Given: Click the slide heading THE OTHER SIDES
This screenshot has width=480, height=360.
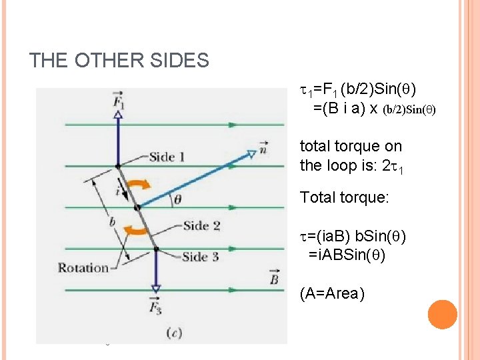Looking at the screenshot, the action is coord(119,61).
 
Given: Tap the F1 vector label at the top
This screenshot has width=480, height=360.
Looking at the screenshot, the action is coord(119,100).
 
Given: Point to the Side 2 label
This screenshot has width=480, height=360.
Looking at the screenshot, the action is coord(201,225).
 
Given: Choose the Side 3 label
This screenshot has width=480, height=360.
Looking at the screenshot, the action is coord(200,257).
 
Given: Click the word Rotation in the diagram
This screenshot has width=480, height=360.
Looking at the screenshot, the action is coord(83,267).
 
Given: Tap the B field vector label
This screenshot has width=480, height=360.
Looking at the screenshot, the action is coord(273,277).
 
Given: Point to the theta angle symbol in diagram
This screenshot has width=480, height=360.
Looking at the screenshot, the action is coord(178,198).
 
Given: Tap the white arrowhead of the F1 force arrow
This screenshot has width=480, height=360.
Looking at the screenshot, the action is coord(118,115).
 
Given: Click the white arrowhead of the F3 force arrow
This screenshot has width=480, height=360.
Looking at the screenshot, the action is coord(155,289).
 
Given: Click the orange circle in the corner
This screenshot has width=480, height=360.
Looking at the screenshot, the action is coord(442,315).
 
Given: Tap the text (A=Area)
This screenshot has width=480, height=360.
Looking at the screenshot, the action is coord(332,293).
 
